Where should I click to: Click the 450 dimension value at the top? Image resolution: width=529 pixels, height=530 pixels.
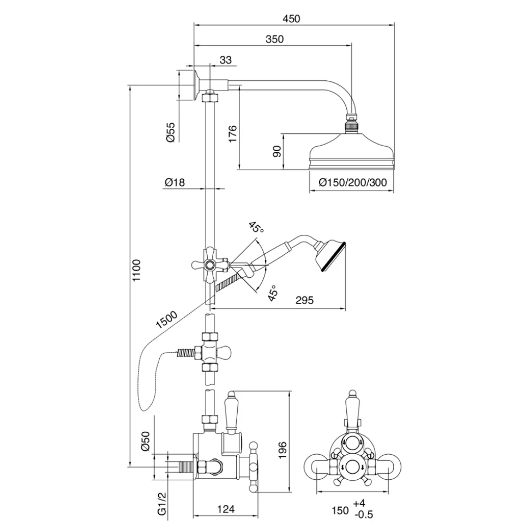291,19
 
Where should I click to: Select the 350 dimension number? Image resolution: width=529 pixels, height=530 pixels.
274,39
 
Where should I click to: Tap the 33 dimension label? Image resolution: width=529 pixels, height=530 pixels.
226,60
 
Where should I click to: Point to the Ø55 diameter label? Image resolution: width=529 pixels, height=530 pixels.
171,132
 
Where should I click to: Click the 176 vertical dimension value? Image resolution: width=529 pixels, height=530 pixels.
233,134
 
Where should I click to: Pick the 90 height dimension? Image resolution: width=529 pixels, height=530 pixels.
276,151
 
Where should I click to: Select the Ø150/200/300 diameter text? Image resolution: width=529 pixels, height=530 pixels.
353,182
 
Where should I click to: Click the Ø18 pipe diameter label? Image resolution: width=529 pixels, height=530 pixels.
175,182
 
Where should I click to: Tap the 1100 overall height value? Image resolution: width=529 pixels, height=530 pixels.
136,270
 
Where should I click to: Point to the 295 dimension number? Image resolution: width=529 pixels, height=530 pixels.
304,300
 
